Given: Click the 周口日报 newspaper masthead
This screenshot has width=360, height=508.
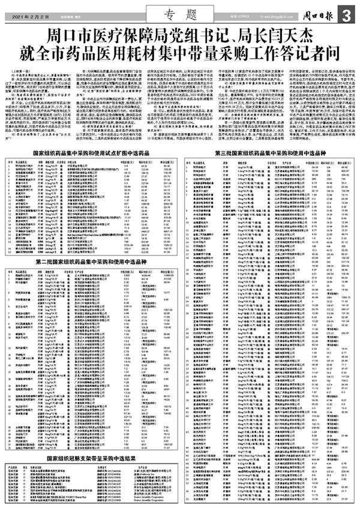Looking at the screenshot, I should pyautogui.click(x=321, y=15).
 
